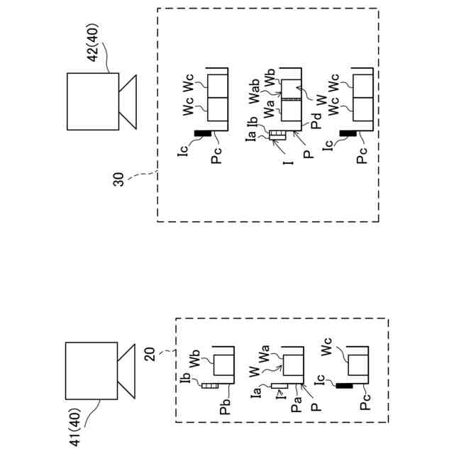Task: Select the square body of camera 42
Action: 92,101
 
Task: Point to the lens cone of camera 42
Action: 128,101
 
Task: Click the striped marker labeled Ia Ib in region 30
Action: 277,135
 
